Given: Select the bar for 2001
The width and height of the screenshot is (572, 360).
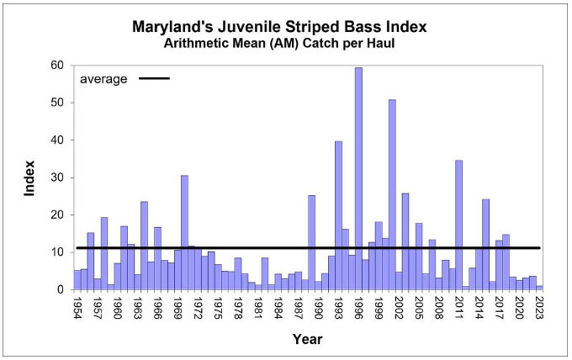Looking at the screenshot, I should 392,194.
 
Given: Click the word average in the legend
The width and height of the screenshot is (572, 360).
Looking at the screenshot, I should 103,79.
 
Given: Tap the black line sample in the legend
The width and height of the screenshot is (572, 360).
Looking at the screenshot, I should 152,79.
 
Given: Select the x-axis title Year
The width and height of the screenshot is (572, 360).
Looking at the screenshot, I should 308,340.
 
